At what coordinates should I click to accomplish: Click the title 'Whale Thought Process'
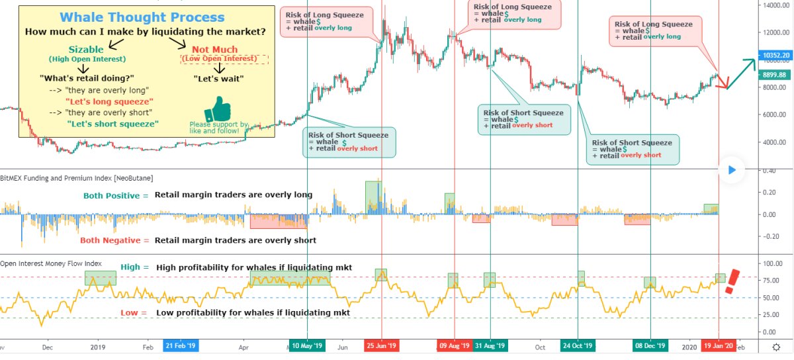tap(142, 18)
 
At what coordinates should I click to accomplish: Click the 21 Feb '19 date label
tap(181, 346)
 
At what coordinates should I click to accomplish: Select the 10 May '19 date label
tap(308, 346)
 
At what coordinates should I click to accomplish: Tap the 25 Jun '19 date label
tap(382, 346)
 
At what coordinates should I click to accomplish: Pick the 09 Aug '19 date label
tap(455, 346)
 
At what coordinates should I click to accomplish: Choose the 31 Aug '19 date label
tap(490, 346)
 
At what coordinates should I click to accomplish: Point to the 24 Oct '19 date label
tap(578, 346)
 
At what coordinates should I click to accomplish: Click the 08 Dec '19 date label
tap(650, 346)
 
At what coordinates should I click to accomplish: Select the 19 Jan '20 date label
tap(719, 346)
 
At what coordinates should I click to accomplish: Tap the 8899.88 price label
tap(774, 75)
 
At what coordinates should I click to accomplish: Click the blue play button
tap(731, 170)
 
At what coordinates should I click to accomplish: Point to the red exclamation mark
tap(732, 281)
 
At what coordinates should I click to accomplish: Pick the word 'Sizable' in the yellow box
tap(86, 50)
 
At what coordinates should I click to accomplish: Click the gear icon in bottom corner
tap(776, 347)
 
